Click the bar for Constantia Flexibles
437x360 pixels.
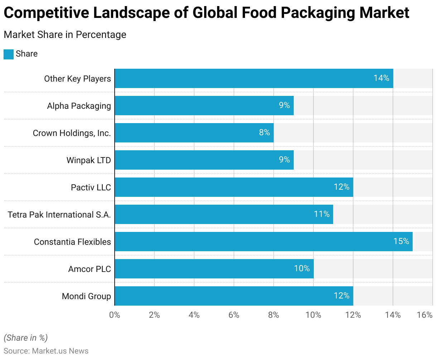click(x=264, y=242)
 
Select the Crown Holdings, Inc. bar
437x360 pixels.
click(x=194, y=133)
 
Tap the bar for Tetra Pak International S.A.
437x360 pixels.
click(x=224, y=214)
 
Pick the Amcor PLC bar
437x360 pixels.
click(x=214, y=269)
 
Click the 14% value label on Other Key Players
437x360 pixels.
click(x=381, y=78)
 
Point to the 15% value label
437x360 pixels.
click(x=401, y=241)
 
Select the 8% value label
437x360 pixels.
click(x=264, y=132)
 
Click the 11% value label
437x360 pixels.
click(x=322, y=214)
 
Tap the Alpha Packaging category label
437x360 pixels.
click(x=79, y=106)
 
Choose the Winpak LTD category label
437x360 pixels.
click(x=88, y=160)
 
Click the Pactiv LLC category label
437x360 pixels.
click(x=91, y=188)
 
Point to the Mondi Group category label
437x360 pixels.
click(x=86, y=296)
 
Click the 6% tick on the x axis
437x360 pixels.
click(x=234, y=315)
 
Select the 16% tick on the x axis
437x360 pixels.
click(x=425, y=315)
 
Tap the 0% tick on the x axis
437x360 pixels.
click(x=115, y=315)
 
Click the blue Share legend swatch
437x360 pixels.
click(x=9, y=54)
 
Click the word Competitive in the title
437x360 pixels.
click(x=46, y=13)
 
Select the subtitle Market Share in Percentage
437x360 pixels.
click(x=65, y=35)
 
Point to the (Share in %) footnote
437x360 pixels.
click(x=25, y=338)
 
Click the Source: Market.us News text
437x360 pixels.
click(x=46, y=351)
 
